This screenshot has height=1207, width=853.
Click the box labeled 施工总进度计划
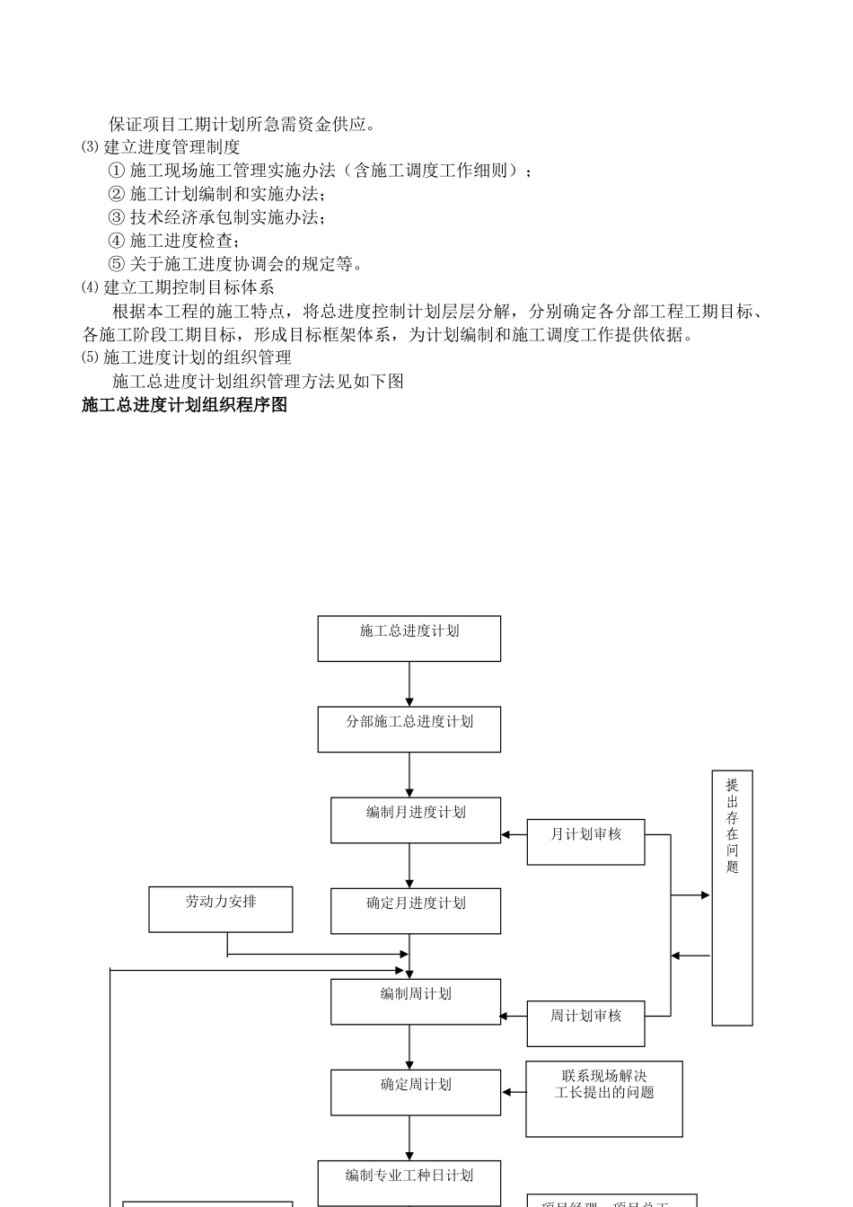click(409, 639)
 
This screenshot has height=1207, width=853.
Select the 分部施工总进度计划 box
click(409, 729)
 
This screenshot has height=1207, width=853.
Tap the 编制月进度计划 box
click(415, 820)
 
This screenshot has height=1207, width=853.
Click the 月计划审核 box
click(585, 841)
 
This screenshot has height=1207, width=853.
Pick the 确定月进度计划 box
click(415, 911)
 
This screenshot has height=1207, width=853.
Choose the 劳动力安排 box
click(220, 909)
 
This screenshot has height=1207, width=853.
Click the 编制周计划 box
click(415, 1001)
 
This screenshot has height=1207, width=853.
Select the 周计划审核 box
click(585, 1023)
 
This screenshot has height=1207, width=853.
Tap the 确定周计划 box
click(415, 1092)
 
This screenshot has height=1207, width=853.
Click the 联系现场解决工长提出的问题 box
click(603, 1098)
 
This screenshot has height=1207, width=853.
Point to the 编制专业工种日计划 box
click(409, 1182)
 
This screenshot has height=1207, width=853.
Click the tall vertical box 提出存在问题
click(732, 897)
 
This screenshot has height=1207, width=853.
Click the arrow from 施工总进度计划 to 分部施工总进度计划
click(409, 684)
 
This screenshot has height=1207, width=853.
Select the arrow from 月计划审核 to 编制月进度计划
click(514, 834)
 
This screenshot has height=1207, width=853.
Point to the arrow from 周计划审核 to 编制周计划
click(513, 1016)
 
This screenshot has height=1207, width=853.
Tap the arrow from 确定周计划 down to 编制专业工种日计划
click(409, 1138)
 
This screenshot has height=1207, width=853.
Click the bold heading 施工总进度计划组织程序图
click(184, 405)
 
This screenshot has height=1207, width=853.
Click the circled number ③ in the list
click(116, 217)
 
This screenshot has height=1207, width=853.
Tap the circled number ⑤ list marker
click(116, 264)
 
